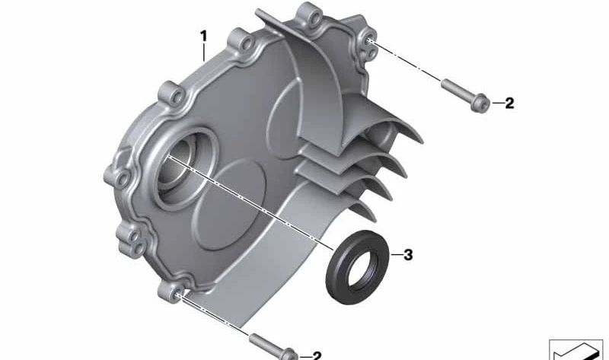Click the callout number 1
(203, 37)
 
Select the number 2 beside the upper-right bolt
(509, 104)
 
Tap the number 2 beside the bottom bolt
(317, 355)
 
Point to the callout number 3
(408, 255)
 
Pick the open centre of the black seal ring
(363, 270)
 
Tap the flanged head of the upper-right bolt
(480, 102)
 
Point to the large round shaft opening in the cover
(183, 167)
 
